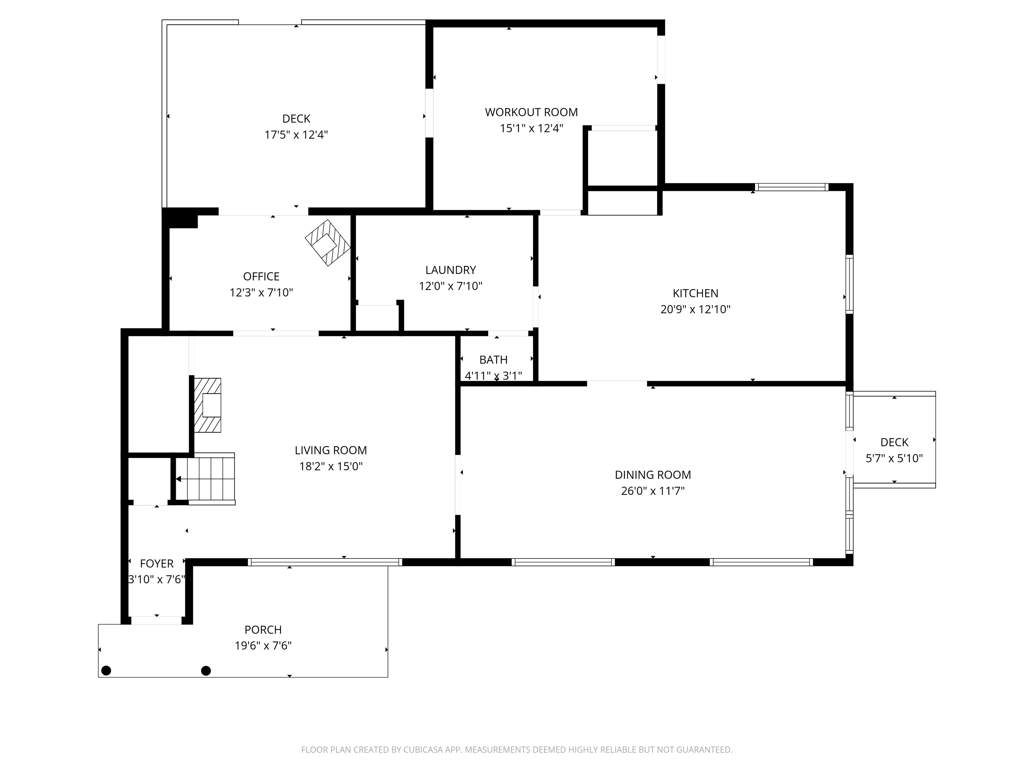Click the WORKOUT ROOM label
tap(531, 112)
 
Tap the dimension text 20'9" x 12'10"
tap(695, 309)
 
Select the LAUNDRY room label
tap(450, 270)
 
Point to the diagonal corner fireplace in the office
tap(328, 243)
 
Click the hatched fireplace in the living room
tap(208, 405)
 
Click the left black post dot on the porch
tap(106, 670)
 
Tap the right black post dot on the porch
tap(206, 670)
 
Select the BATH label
tap(493, 360)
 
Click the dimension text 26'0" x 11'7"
tap(652, 491)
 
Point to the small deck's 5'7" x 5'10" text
tap(894, 458)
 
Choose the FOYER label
tap(157, 563)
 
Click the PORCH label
tap(263, 630)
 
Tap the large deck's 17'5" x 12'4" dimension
tap(296, 135)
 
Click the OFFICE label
tap(261, 277)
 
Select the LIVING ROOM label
tap(331, 450)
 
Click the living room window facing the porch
tap(324, 562)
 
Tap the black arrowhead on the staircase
tap(178, 479)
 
